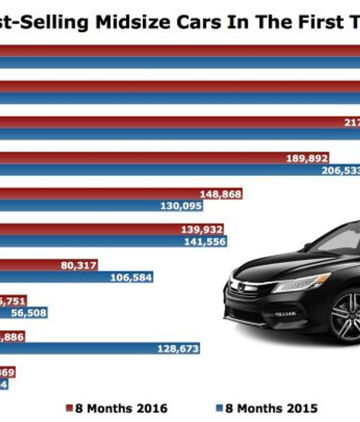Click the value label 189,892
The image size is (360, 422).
[x=307, y=158]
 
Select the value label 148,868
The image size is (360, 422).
[x=220, y=194]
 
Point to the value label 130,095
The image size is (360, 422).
[x=181, y=206]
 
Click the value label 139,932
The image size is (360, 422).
[x=201, y=229]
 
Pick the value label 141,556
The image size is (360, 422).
[x=205, y=242]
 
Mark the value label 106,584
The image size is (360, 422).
[x=131, y=277]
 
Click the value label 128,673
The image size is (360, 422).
[x=178, y=349]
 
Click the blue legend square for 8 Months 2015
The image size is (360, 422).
[x=219, y=408]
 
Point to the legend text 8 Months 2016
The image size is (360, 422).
[x=121, y=408]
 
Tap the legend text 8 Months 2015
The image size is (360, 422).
[x=271, y=408]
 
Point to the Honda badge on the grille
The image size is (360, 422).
[x=241, y=287]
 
